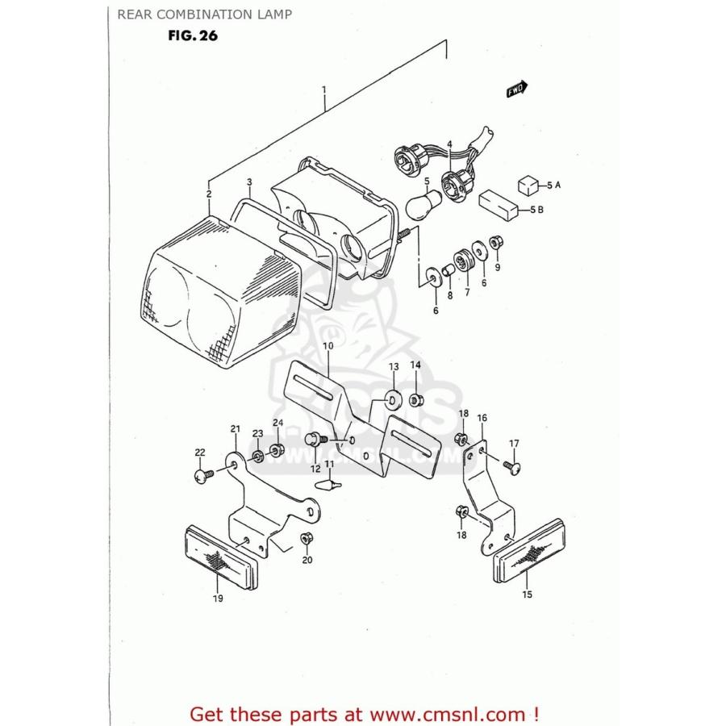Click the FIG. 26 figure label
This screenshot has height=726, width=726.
tap(193, 35)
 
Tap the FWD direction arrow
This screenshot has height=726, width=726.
tap(516, 90)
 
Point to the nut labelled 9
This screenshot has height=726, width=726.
tap(496, 242)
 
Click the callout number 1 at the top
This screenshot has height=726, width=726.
tap(323, 90)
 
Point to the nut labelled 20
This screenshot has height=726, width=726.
tap(307, 538)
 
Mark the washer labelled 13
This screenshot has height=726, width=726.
tap(394, 398)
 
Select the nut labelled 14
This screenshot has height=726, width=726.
tap(415, 399)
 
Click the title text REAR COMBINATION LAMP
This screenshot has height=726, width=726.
tap(204, 14)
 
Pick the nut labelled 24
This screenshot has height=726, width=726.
tap(277, 449)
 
